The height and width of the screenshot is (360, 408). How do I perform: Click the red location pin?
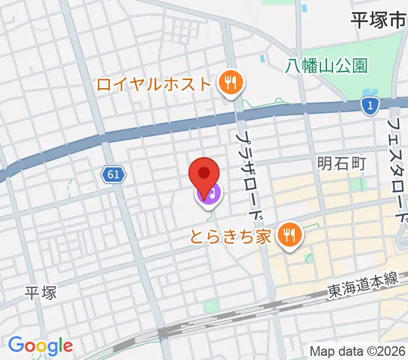[x=204, y=174]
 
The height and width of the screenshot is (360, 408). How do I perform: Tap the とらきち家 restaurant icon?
[x=290, y=234]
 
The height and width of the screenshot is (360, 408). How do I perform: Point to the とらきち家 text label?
[x=232, y=235]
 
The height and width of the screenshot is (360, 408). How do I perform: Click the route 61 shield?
[x=113, y=175]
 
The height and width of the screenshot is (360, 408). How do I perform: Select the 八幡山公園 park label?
[x=326, y=65]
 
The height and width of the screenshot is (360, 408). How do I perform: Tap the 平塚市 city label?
[x=378, y=20]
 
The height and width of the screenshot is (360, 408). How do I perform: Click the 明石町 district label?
[x=341, y=162]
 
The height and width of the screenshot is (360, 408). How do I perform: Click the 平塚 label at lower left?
[x=41, y=293]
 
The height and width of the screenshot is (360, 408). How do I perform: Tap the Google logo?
[x=40, y=346]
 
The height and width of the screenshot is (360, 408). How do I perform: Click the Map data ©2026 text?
[x=358, y=351]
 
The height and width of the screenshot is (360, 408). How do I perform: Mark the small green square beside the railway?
[x=210, y=306]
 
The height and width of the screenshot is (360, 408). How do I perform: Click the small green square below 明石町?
[x=358, y=184]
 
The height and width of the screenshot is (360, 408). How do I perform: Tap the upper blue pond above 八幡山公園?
[x=304, y=9]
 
